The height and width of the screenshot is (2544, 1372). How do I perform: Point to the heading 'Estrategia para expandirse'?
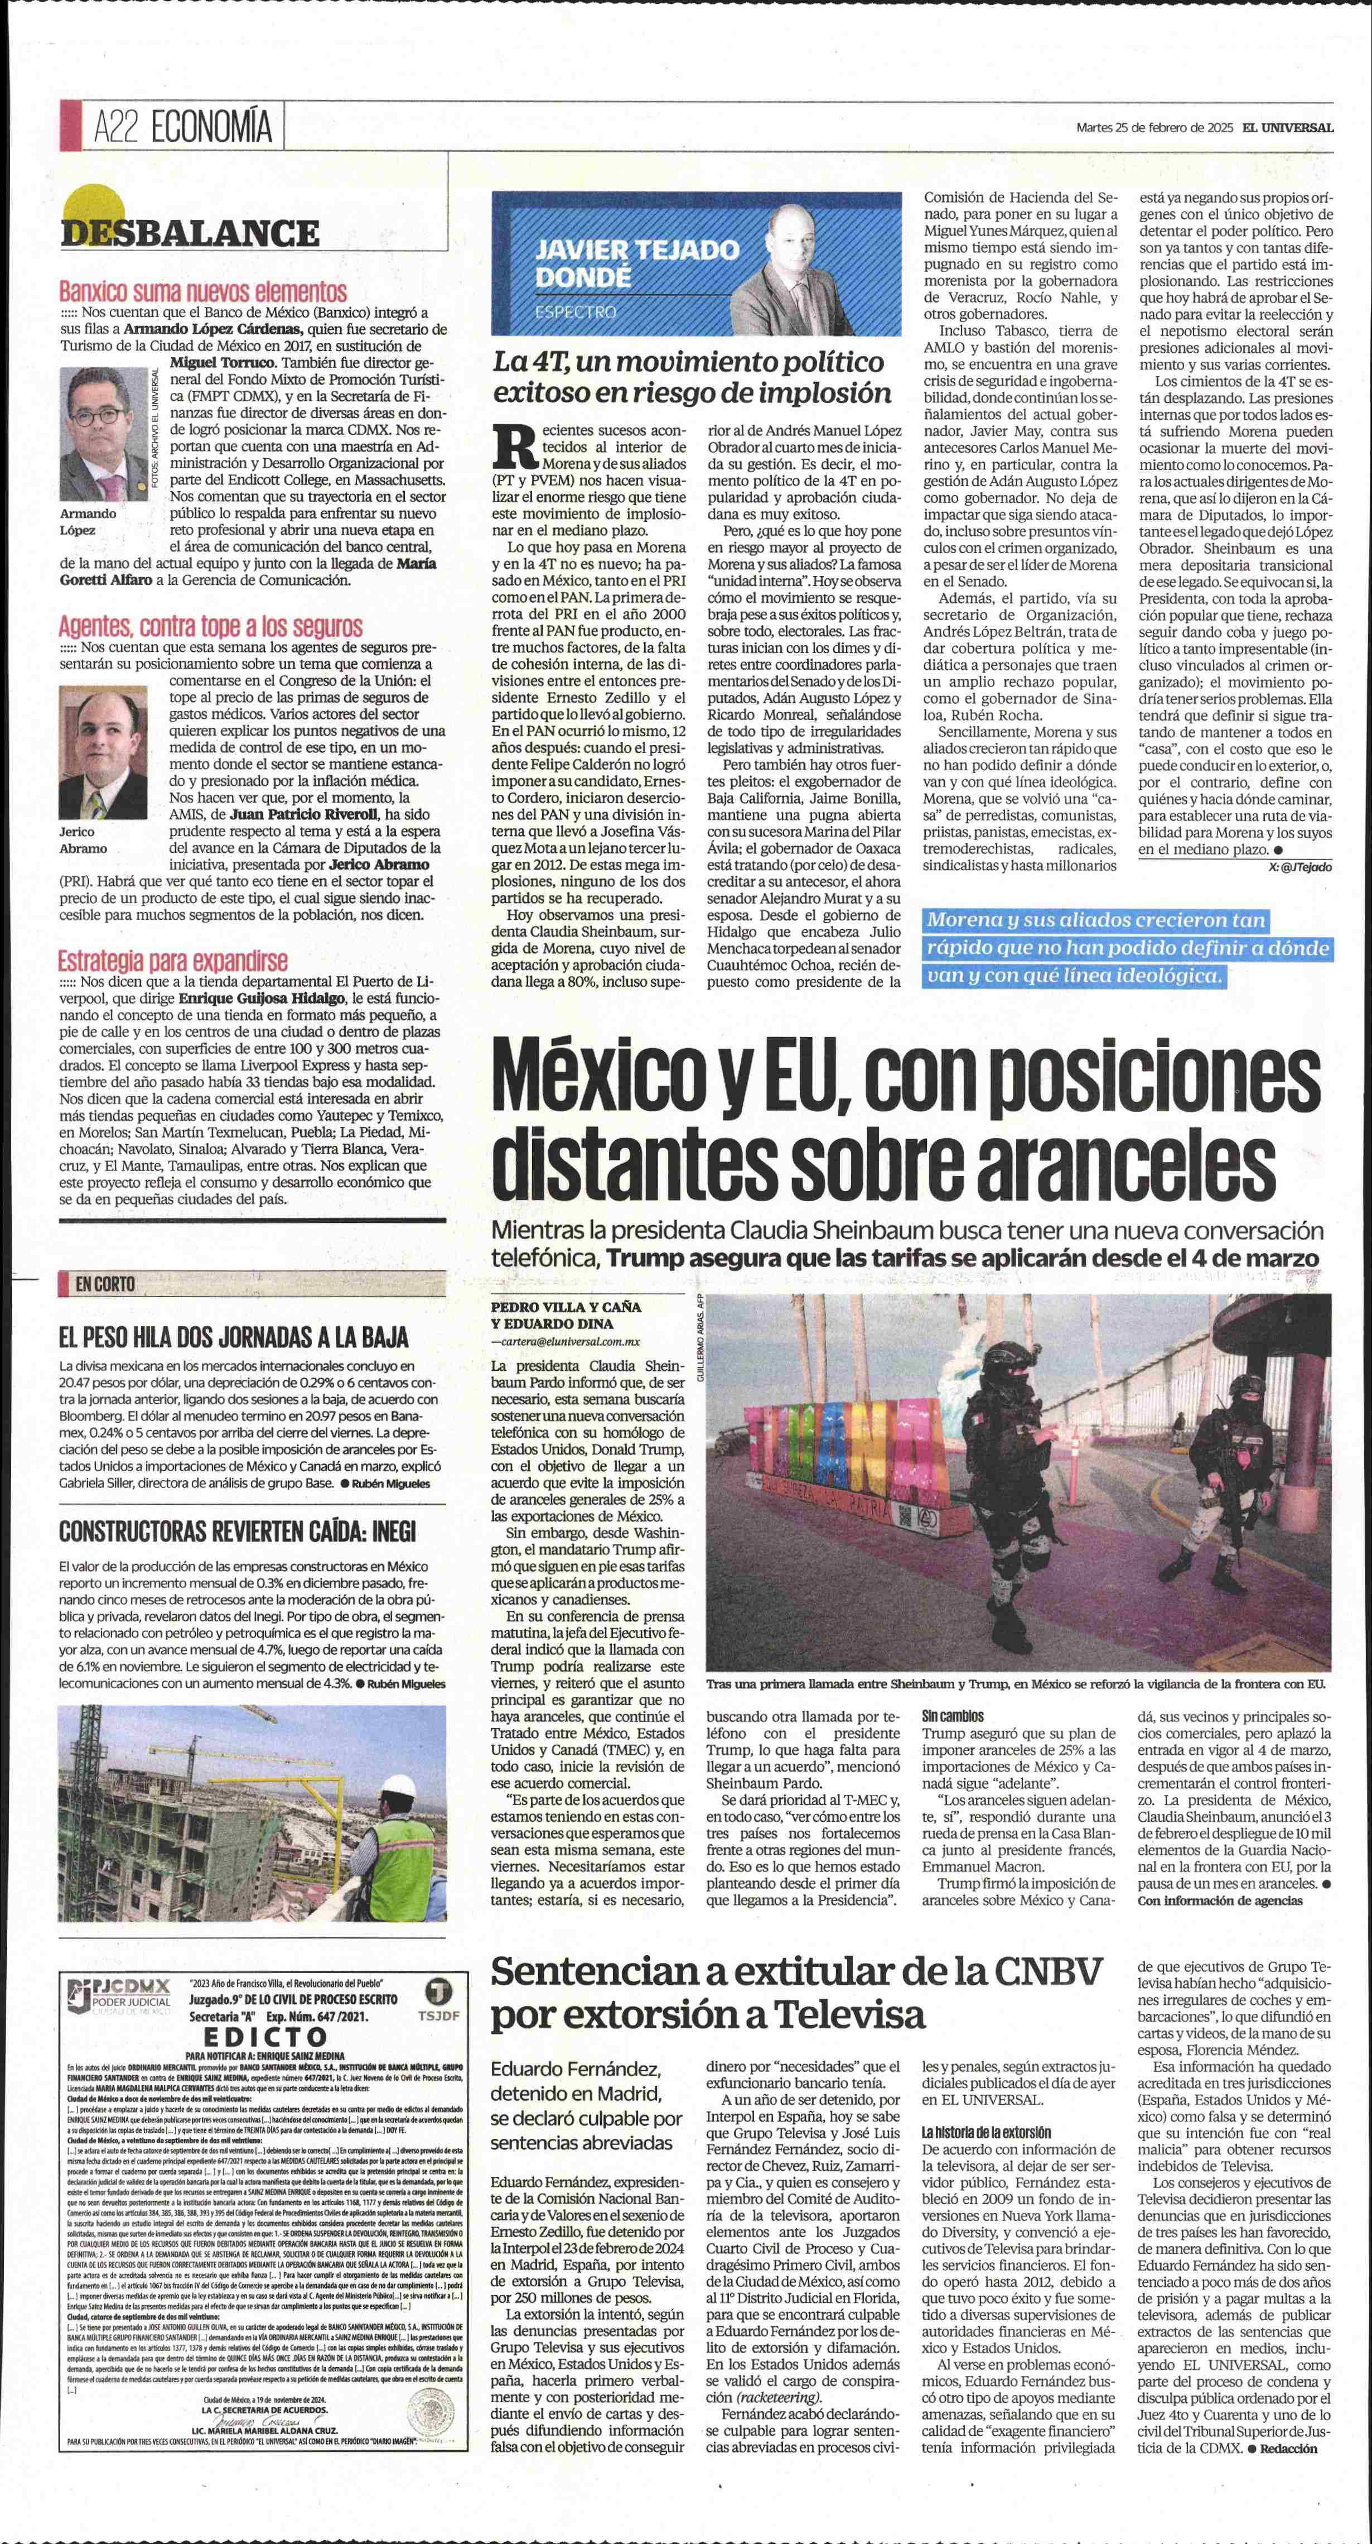pos(173,960)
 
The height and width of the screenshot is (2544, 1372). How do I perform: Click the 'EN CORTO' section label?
pos(105,1284)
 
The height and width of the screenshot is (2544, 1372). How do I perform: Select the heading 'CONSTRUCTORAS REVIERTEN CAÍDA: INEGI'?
pos(237,1532)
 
